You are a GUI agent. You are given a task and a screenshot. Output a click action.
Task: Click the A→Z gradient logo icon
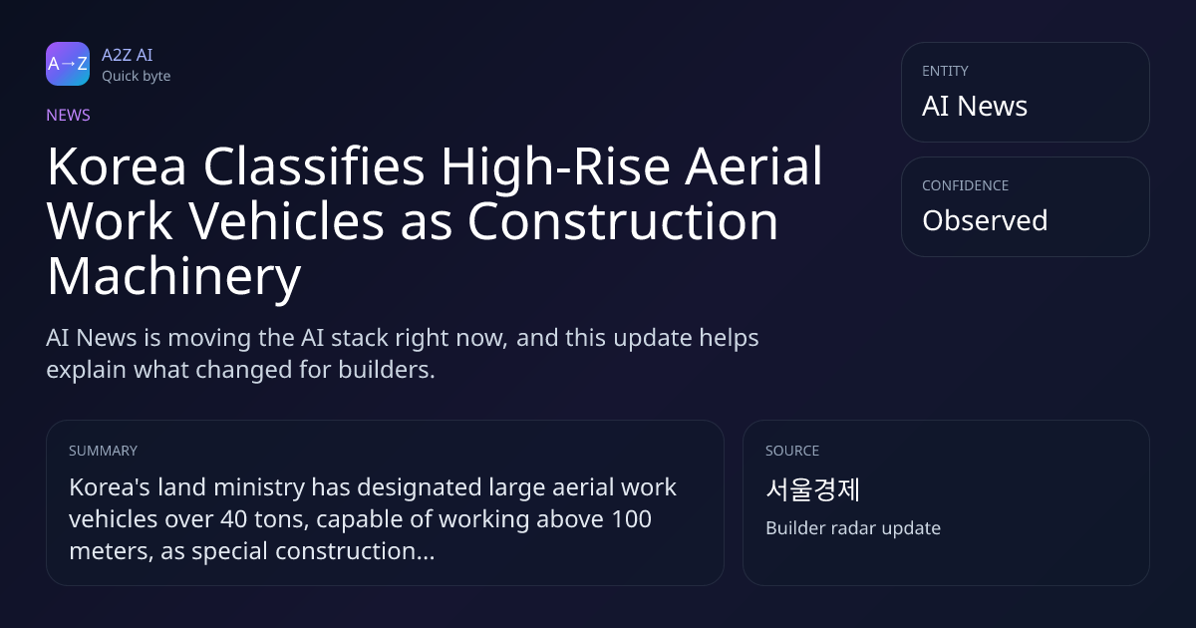tap(68, 64)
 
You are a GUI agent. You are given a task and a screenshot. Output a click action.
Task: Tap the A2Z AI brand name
tap(128, 55)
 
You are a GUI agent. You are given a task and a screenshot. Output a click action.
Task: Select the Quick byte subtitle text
tap(137, 77)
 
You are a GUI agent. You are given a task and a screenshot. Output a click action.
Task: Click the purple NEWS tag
tap(69, 116)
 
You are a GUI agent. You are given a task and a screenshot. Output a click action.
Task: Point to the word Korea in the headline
tap(117, 166)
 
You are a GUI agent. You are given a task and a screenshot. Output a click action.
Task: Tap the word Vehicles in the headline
tap(287, 221)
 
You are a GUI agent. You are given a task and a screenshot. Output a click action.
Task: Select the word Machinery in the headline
tap(174, 278)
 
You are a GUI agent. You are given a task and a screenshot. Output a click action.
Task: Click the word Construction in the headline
tap(623, 221)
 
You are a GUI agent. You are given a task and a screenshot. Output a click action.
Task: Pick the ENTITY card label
tap(945, 71)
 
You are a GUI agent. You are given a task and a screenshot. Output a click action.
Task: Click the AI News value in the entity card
tap(975, 106)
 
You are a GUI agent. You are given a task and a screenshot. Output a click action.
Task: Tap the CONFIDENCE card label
tap(966, 185)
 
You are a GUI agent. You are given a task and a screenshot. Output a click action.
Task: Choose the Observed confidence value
tap(985, 220)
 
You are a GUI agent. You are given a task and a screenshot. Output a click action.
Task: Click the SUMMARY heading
tap(103, 451)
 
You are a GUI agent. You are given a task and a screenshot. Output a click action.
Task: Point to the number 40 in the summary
tap(234, 519)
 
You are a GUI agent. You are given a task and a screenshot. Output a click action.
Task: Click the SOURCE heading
tap(792, 451)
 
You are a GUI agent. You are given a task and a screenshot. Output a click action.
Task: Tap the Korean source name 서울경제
tap(812, 489)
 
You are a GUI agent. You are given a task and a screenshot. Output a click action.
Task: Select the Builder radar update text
tap(853, 528)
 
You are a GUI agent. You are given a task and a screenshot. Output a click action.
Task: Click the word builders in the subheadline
tap(387, 370)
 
